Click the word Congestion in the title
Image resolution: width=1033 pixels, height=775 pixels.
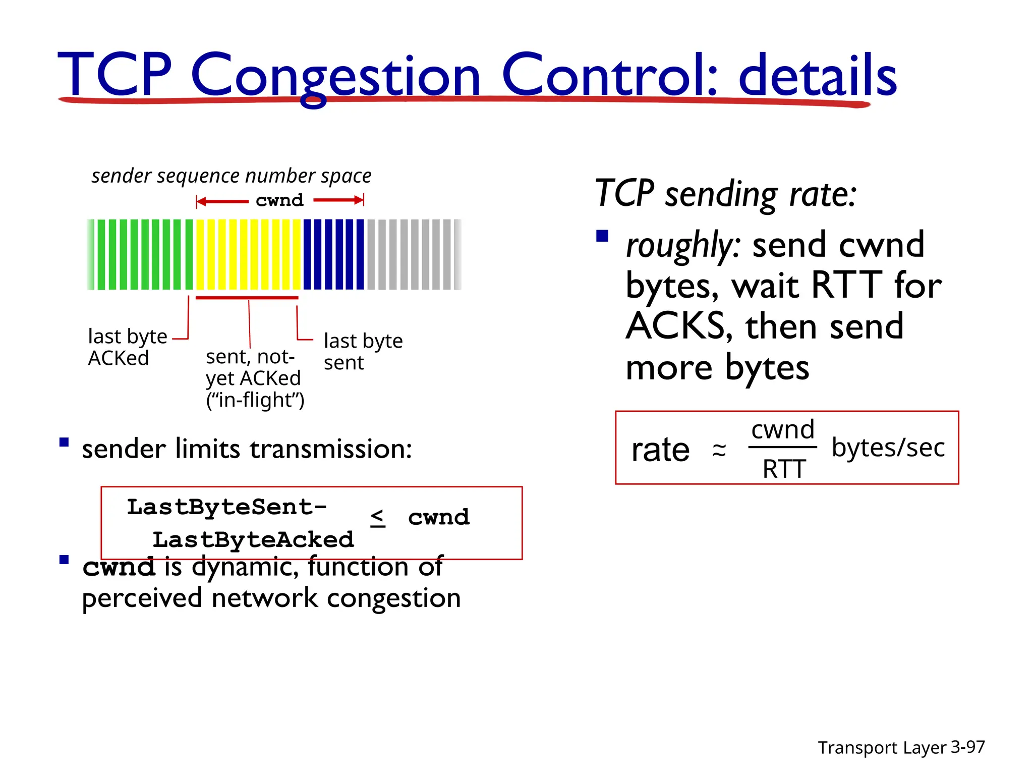pos(335,76)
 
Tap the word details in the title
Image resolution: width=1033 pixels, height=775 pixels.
pos(817,76)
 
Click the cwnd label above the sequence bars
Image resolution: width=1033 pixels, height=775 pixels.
pos(279,200)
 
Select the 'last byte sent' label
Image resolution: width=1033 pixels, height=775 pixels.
pos(363,352)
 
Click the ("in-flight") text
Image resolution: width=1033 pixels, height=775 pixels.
pos(255,400)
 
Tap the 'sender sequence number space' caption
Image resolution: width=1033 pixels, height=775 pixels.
pos(232,176)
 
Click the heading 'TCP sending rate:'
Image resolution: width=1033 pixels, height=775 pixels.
pos(725,194)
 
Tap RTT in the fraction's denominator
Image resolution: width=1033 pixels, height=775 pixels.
pos(784,469)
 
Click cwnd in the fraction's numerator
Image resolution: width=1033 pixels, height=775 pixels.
pos(783,430)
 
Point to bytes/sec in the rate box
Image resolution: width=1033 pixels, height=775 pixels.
pos(888,448)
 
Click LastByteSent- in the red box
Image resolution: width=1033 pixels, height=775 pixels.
pos(227,507)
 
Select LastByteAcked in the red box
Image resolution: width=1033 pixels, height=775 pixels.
pos(253,540)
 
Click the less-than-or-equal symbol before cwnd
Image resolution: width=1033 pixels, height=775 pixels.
pos(378,518)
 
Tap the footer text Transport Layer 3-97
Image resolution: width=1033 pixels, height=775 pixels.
pos(901,747)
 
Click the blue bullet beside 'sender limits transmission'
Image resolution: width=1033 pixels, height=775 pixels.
pos(64,443)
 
